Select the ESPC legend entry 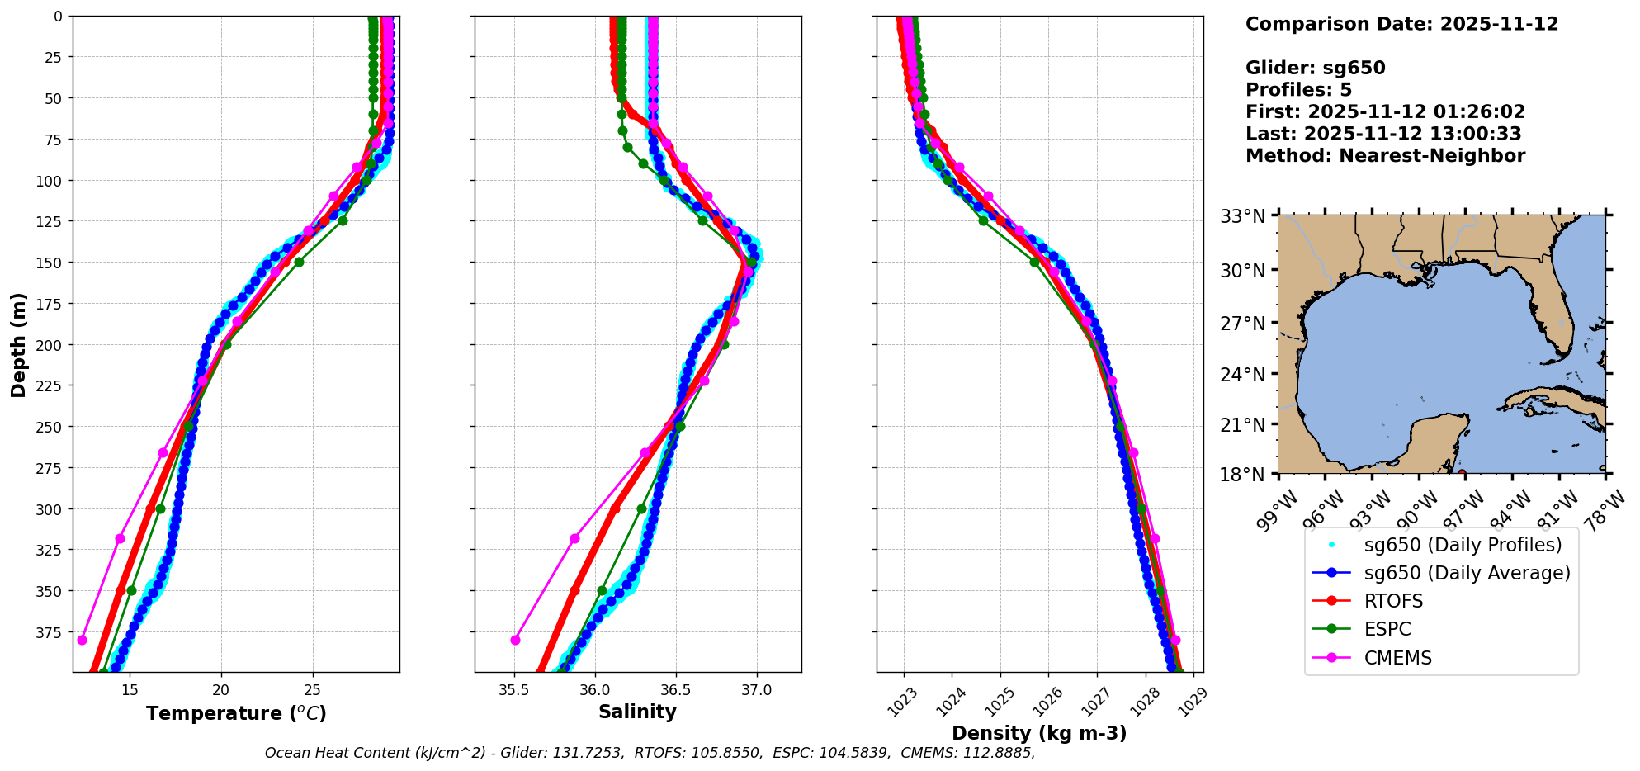pyautogui.click(x=1387, y=629)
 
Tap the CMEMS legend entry pyautogui.click(x=1397, y=658)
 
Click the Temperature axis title pyautogui.click(x=236, y=713)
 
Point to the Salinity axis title pyautogui.click(x=637, y=712)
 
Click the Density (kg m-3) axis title pyautogui.click(x=1039, y=733)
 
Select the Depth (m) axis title pyautogui.click(x=19, y=344)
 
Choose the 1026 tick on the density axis pyautogui.click(x=1047, y=701)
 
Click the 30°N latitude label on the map pyautogui.click(x=1243, y=270)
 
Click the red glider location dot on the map pyautogui.click(x=1462, y=473)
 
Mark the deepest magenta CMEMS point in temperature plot pyautogui.click(x=82, y=640)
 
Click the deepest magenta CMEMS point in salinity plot pyautogui.click(x=516, y=640)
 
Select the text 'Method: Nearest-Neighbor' pyautogui.click(x=1384, y=156)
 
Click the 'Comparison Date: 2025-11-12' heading pyautogui.click(x=1401, y=24)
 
